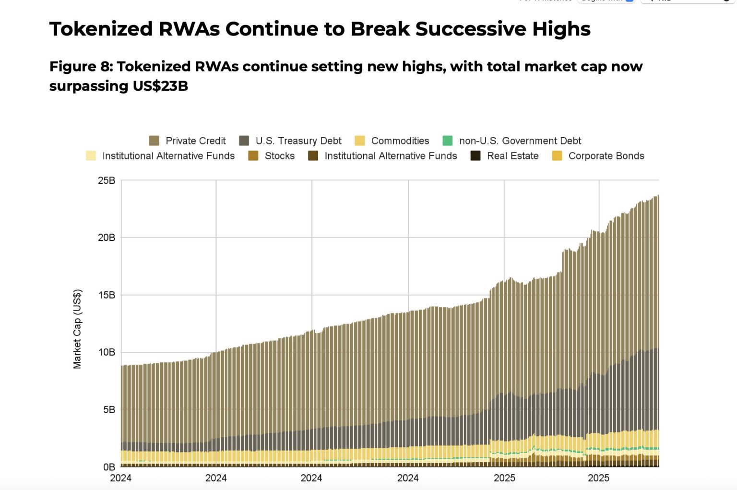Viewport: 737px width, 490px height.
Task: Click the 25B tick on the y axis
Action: pyautogui.click(x=107, y=180)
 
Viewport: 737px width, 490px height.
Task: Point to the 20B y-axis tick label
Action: pyautogui.click(x=107, y=238)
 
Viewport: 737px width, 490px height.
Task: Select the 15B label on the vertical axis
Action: pyautogui.click(x=107, y=295)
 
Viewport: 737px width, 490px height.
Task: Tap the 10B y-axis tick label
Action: pyautogui.click(x=107, y=352)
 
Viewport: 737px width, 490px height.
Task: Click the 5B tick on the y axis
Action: pyautogui.click(x=109, y=410)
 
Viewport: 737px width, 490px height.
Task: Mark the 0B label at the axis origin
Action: pyautogui.click(x=109, y=467)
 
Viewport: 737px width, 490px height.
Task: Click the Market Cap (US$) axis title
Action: pyautogui.click(x=77, y=329)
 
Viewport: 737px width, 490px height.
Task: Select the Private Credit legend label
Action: pyautogui.click(x=195, y=141)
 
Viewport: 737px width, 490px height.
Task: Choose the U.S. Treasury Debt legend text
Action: pyautogui.click(x=298, y=141)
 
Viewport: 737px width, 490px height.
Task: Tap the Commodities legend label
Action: pyautogui.click(x=400, y=141)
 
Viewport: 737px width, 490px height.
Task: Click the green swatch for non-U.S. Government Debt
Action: pyautogui.click(x=447, y=141)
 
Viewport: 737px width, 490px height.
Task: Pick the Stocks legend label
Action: pyautogui.click(x=279, y=156)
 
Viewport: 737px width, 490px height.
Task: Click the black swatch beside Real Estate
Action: pyautogui.click(x=475, y=156)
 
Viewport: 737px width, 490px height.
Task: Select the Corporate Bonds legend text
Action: pyautogui.click(x=606, y=156)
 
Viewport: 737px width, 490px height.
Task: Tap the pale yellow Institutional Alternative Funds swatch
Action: pyautogui.click(x=91, y=156)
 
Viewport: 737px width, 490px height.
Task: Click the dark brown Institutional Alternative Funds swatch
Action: pyautogui.click(x=313, y=156)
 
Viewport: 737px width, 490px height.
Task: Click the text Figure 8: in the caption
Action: pyautogui.click(x=81, y=66)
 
